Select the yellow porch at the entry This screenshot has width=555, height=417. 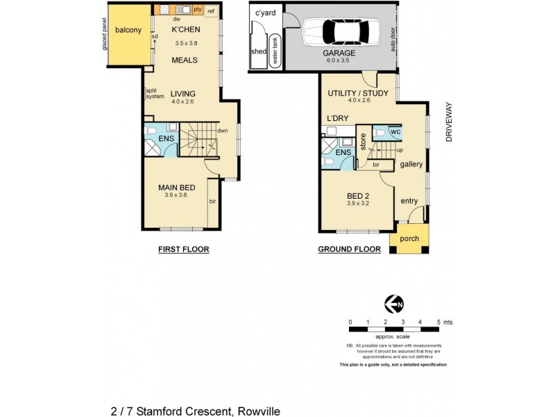click(x=409, y=239)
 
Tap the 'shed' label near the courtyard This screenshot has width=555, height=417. click(x=259, y=51)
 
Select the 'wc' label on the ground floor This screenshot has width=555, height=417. click(x=394, y=131)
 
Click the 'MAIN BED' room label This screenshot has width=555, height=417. click(x=176, y=188)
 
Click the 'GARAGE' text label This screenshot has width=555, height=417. click(x=339, y=53)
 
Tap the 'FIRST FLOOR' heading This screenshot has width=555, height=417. click(x=183, y=250)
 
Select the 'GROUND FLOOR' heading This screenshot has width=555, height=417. click(x=349, y=250)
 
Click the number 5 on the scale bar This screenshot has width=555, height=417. click(x=438, y=322)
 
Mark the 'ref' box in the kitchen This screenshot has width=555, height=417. click(x=211, y=10)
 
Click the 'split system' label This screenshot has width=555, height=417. click(x=155, y=93)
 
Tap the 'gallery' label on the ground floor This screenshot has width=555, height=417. click(x=411, y=164)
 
